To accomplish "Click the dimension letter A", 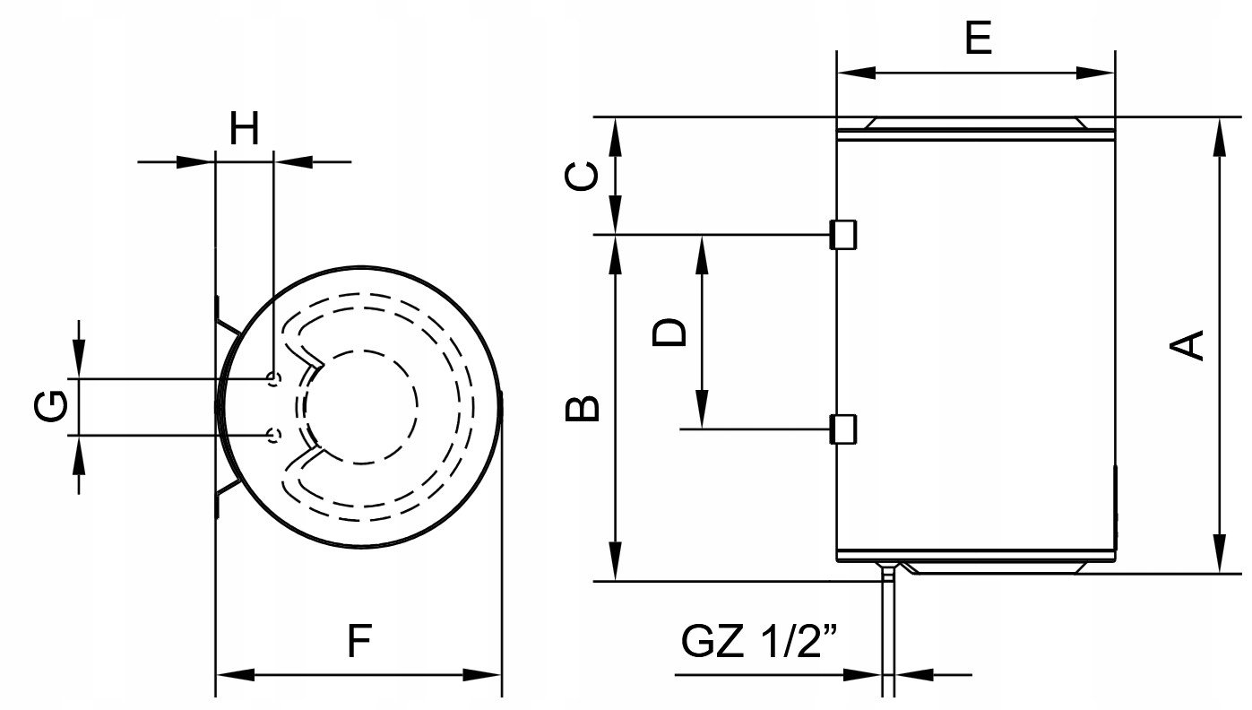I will pos(1189,344).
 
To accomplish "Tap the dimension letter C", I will pos(583,176).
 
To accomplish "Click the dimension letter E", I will pos(978,39).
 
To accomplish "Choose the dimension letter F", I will pos(358,642).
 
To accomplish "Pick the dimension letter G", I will pos(51,406).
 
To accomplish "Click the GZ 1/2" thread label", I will pos(759,642).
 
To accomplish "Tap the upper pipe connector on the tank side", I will pos(843,235).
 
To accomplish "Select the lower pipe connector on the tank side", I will pos(843,429).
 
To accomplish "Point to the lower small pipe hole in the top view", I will pos(273,436).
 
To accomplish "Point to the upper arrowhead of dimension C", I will pos(615,132).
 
